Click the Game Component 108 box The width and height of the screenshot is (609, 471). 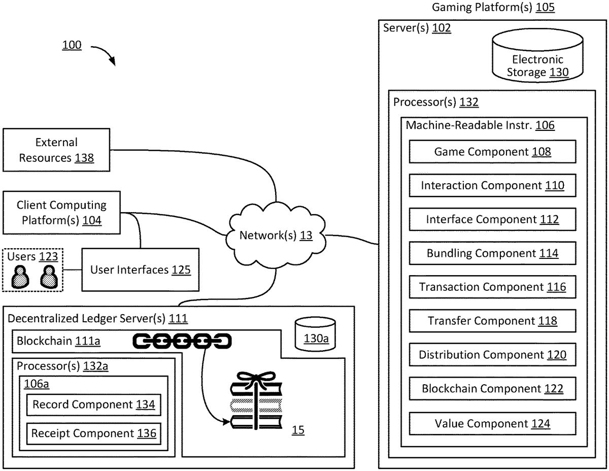(492, 152)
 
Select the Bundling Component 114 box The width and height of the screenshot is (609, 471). (492, 253)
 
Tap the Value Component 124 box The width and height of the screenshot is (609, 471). (492, 423)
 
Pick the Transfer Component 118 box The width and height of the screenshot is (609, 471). (492, 321)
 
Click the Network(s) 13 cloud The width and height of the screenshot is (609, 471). (276, 235)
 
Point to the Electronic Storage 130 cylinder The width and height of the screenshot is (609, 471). (537, 61)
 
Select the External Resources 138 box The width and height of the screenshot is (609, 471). (56, 150)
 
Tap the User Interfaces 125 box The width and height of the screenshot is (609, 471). (140, 270)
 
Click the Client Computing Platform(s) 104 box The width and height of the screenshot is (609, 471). (61, 212)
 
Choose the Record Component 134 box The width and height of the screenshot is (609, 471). (93, 405)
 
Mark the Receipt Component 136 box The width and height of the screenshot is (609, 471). (93, 433)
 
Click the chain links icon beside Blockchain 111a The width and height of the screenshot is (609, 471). (182, 341)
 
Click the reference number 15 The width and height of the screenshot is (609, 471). (298, 431)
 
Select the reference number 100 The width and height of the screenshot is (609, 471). (72, 45)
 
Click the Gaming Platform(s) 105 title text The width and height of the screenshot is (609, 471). (493, 7)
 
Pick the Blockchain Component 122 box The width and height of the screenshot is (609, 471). (492, 389)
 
